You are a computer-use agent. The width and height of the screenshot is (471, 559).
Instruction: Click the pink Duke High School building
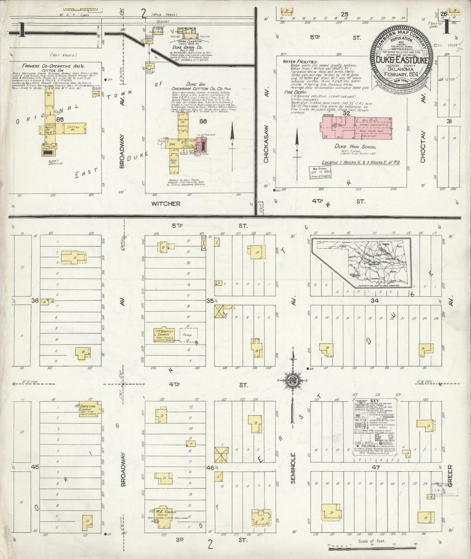click(356, 128)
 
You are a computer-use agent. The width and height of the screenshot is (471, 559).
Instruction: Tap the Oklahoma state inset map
click(361, 263)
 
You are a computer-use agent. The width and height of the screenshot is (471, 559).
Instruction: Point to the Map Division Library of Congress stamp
click(320, 172)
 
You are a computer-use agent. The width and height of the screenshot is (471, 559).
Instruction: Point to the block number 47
click(376, 468)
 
